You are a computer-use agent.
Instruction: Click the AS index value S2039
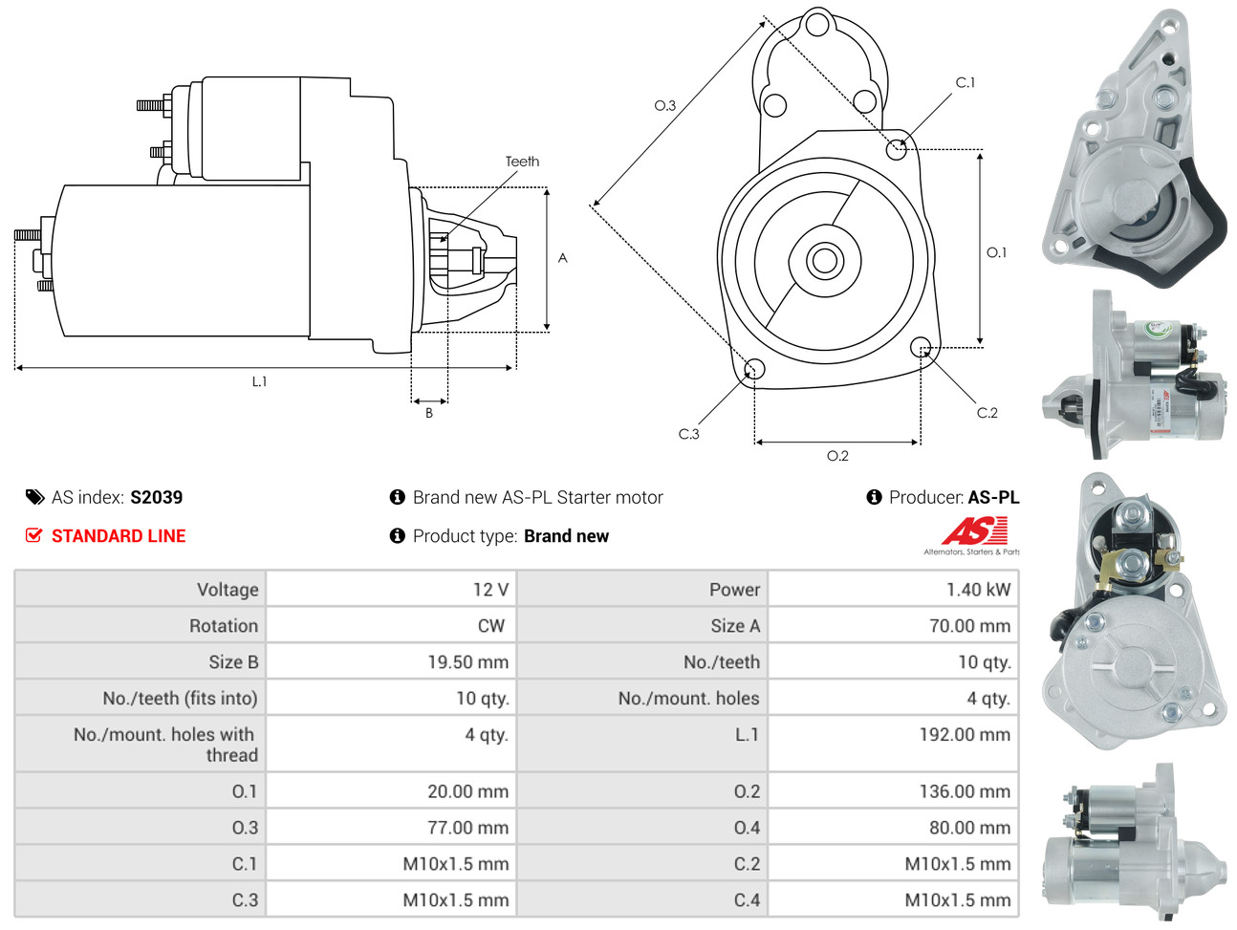(x=156, y=497)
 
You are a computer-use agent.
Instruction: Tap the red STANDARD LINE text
(x=119, y=536)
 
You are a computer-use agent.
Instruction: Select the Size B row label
(x=233, y=662)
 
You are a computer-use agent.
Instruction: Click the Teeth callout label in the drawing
(x=522, y=162)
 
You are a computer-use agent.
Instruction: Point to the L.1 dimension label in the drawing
(x=260, y=381)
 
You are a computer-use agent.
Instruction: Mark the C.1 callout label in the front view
(x=966, y=83)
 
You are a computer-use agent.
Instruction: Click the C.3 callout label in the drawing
(x=688, y=434)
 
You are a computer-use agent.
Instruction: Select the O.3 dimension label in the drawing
(x=664, y=105)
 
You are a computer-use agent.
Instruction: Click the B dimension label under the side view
(x=429, y=413)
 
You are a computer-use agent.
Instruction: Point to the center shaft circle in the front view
(x=823, y=260)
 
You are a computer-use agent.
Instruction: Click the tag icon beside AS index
(x=35, y=497)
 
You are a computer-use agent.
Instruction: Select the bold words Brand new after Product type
(x=566, y=536)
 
